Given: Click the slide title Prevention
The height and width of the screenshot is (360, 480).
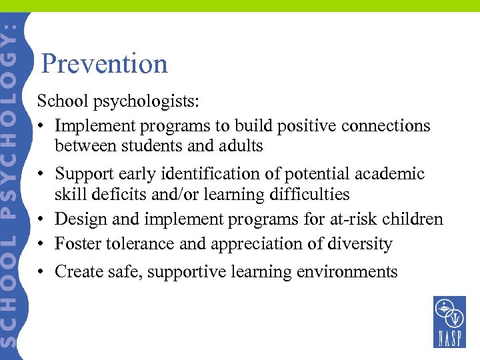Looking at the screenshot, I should tap(104, 64).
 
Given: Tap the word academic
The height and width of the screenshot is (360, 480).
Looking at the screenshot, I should tap(393, 174).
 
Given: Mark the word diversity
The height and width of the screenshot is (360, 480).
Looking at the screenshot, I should tap(363, 244).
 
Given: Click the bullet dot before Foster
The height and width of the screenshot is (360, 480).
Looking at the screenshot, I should tap(41, 245).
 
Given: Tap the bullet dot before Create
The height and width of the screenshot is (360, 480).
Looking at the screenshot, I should tap(41, 272).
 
